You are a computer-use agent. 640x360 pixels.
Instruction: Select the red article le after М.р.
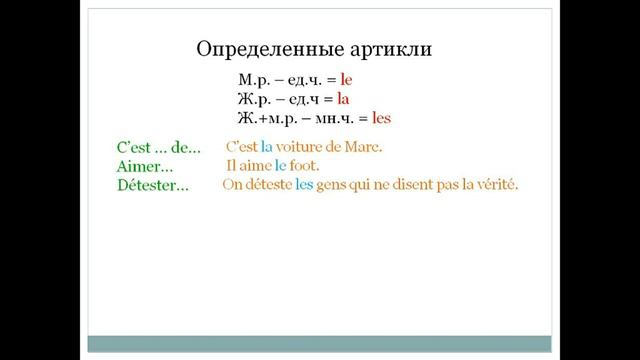(x=347, y=78)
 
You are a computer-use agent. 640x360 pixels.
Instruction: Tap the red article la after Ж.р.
(x=342, y=98)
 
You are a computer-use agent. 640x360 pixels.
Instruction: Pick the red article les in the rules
(x=380, y=118)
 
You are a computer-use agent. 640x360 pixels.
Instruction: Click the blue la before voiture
(x=266, y=147)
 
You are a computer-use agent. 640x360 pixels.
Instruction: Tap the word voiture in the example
(x=300, y=147)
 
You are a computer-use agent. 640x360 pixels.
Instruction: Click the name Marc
(x=364, y=147)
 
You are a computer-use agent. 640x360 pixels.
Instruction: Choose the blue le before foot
(x=281, y=166)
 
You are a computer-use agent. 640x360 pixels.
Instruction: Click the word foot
(x=305, y=166)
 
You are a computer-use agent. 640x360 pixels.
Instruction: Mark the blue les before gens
(x=305, y=185)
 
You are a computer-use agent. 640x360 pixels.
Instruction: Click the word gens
(x=335, y=185)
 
